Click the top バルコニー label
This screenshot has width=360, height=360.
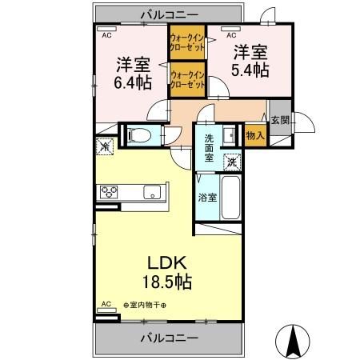click(x=170, y=14)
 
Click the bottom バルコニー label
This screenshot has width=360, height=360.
click(x=170, y=339)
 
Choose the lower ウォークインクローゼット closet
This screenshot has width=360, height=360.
click(x=188, y=81)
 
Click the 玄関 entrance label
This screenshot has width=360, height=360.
click(x=280, y=120)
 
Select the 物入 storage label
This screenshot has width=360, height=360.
click(x=255, y=137)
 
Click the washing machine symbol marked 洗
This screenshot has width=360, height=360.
click(x=231, y=160)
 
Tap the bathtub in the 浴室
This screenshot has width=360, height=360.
click(x=231, y=197)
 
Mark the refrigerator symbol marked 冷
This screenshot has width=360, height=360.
click(x=105, y=146)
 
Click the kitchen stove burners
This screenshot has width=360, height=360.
click(x=109, y=191)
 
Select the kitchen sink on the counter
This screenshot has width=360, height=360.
click(x=151, y=192)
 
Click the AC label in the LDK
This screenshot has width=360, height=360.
click(x=105, y=304)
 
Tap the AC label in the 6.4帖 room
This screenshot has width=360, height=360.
click(x=105, y=35)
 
